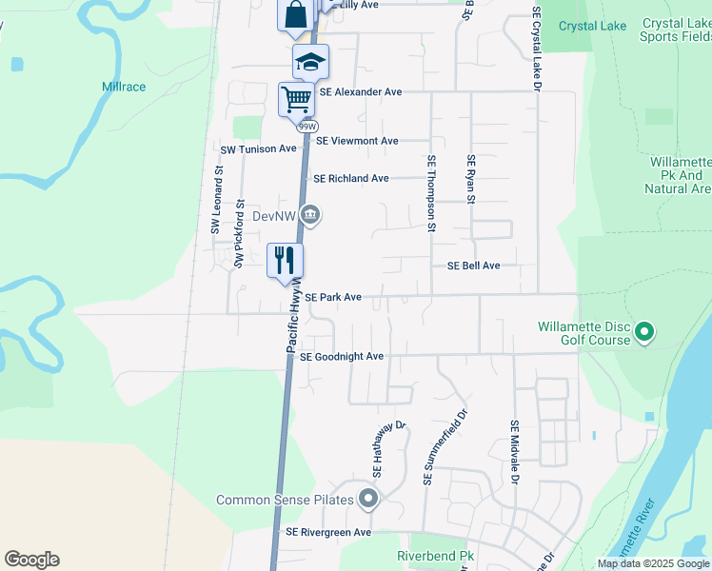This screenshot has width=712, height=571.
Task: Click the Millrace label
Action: pyautogui.click(x=125, y=87)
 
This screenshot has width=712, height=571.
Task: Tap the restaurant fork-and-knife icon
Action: pyautogui.click(x=285, y=260)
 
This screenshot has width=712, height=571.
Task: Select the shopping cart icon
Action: pyautogui.click(x=296, y=97)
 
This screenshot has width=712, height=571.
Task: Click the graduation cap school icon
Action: pyautogui.click(x=310, y=62)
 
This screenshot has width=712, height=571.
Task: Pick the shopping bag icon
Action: pyautogui.click(x=295, y=14)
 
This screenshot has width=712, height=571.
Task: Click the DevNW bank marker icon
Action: pyautogui.click(x=310, y=216)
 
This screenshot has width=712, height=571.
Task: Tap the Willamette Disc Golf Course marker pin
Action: pyautogui.click(x=644, y=332)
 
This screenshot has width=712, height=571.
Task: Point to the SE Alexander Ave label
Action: pyautogui.click(x=361, y=92)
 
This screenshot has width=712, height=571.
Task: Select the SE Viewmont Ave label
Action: pyautogui.click(x=357, y=141)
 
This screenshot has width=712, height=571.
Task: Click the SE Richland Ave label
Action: pyautogui.click(x=351, y=179)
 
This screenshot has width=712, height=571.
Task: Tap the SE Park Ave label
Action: pyautogui.click(x=333, y=298)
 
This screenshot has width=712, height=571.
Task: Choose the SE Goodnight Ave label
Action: pyautogui.click(x=341, y=357)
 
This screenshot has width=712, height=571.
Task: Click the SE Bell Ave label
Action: pyautogui.click(x=473, y=266)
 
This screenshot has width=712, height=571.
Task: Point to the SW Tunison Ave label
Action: pyautogui.click(x=259, y=149)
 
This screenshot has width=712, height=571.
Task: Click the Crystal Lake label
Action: pyautogui.click(x=592, y=26)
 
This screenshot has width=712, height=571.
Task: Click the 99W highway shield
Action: pyautogui.click(x=307, y=126)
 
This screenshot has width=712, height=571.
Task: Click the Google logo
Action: pyautogui.click(x=31, y=560)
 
